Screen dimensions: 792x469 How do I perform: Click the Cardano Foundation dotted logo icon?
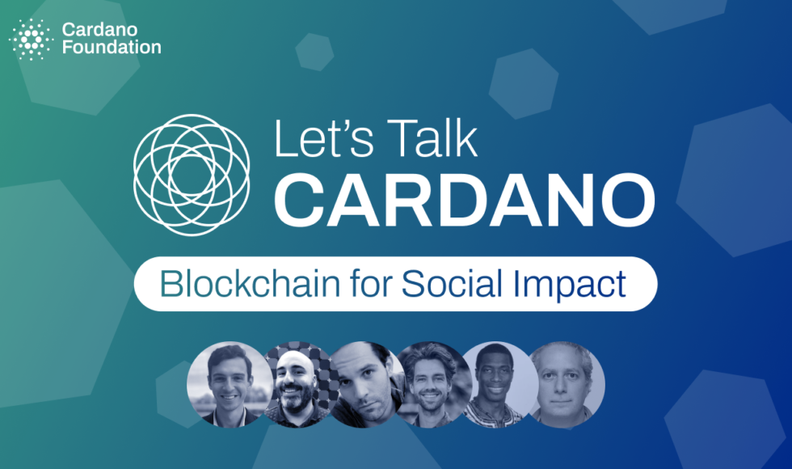pyautogui.click(x=32, y=40)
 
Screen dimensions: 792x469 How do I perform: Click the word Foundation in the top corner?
pyautogui.click(x=112, y=48)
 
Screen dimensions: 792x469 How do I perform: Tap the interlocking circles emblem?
pyautogui.click(x=192, y=175)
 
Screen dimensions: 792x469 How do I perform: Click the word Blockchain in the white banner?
pyautogui.click(x=250, y=284)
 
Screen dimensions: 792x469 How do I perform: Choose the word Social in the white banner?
pyautogui.click(x=452, y=284)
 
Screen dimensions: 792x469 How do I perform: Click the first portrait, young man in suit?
pyautogui.click(x=230, y=384)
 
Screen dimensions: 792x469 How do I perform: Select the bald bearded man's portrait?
pyautogui.click(x=296, y=384)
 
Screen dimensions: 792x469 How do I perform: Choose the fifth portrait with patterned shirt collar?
pyautogui.click(x=498, y=384)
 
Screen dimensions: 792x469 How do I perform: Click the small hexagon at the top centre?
pyautogui.click(x=314, y=52)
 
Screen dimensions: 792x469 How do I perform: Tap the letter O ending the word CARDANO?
pyautogui.click(x=628, y=200)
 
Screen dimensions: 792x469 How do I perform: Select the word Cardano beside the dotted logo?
pyautogui.click(x=99, y=30)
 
